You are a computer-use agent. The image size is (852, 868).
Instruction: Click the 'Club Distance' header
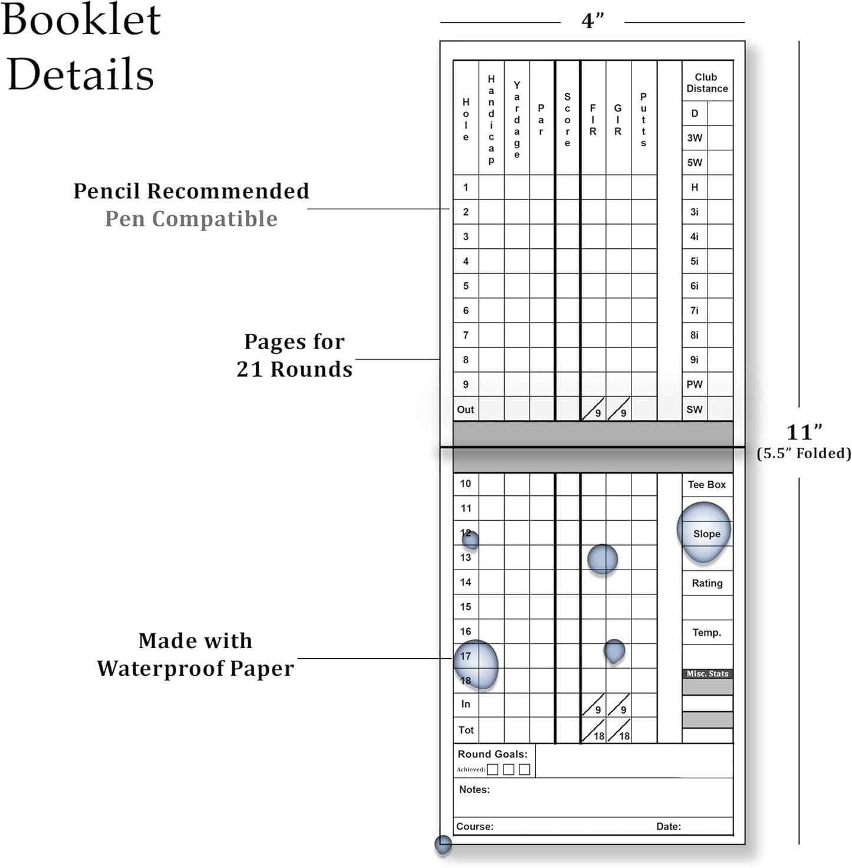point(706,83)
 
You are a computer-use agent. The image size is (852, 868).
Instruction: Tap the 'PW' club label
point(694,384)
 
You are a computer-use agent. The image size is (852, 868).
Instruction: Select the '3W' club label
point(694,138)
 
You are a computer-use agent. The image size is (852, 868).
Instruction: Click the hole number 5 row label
point(465,285)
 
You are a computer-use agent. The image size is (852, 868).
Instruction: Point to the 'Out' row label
point(465,409)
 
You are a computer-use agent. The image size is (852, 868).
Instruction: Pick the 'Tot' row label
point(466,729)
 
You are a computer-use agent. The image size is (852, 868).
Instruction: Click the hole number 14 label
point(465,582)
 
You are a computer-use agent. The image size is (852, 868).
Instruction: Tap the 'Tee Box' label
point(706,485)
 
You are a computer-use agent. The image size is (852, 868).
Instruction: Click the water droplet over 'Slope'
point(703,532)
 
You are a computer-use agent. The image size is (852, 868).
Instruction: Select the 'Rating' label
point(707,583)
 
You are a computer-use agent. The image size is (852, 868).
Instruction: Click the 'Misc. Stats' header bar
point(707,673)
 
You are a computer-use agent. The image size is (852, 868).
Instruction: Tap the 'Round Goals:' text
point(492,754)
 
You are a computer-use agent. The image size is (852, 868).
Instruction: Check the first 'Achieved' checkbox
point(492,770)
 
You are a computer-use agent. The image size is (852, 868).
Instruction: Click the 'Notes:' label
point(474,789)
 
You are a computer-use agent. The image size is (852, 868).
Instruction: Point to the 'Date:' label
point(668,826)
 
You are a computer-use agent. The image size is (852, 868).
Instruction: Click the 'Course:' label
point(475,826)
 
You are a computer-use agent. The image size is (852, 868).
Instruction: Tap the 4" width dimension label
point(592,21)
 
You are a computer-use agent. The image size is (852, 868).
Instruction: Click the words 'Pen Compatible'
point(191,219)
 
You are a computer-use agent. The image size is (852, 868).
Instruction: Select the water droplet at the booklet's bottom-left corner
point(443,844)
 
